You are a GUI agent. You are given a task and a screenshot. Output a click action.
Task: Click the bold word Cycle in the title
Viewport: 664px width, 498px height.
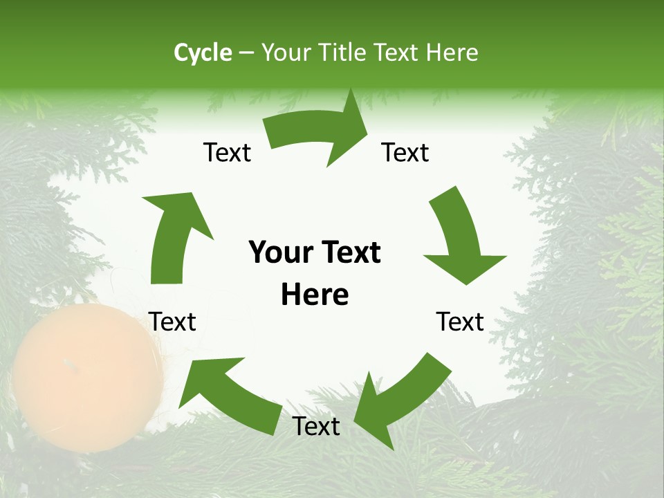[x=203, y=53]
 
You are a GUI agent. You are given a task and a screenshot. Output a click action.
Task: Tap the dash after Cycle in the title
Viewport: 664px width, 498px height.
[x=247, y=53]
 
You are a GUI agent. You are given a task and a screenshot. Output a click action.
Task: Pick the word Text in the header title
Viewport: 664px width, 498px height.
[x=398, y=53]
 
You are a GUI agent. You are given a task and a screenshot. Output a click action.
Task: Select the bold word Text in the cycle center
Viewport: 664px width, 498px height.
[x=349, y=252]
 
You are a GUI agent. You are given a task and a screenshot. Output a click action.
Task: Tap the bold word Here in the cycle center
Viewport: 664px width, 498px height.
[x=315, y=295]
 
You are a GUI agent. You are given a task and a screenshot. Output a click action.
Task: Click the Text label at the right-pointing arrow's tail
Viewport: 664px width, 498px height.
[x=227, y=153]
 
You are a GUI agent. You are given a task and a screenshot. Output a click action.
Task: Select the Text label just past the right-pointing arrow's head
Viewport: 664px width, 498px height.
[x=405, y=153]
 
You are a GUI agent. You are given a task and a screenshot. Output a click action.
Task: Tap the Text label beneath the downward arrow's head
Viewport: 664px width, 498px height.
[x=460, y=322]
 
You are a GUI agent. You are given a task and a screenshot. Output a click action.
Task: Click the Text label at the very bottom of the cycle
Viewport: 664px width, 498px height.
[x=316, y=427]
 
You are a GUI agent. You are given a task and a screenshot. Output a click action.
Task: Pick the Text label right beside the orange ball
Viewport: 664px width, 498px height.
[x=172, y=322]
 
